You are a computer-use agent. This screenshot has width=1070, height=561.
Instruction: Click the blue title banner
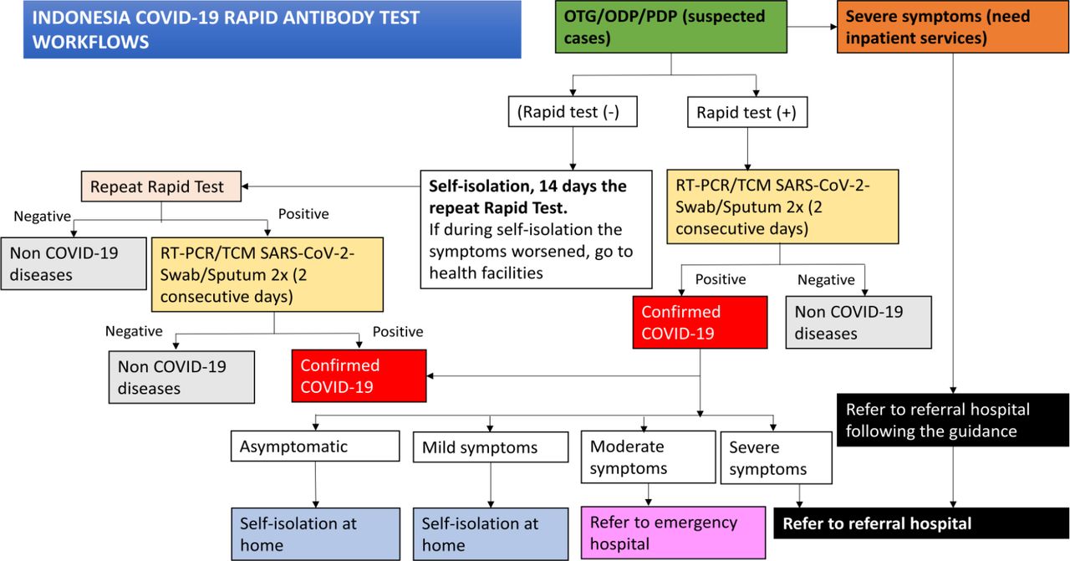[273, 29]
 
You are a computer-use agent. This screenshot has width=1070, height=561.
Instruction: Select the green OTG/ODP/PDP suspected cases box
[670, 27]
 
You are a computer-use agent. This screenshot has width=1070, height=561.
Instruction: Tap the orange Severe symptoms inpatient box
[952, 27]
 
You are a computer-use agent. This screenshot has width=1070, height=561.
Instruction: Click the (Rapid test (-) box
[573, 112]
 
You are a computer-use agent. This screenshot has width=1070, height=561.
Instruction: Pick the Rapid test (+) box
[747, 112]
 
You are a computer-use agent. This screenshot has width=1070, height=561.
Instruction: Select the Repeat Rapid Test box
[161, 186]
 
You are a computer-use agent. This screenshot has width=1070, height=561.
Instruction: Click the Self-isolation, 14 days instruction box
[536, 229]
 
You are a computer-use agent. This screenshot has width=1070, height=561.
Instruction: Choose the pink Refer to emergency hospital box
[673, 533]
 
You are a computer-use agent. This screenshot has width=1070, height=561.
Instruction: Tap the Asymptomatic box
[315, 446]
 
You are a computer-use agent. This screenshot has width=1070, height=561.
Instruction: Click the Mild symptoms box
[491, 447]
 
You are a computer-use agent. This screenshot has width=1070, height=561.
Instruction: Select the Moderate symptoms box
[648, 457]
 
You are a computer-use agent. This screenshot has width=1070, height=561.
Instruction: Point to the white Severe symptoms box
[777, 458]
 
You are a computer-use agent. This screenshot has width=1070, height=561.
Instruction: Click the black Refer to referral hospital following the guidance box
[952, 420]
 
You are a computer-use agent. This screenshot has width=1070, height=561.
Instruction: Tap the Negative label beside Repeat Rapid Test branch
[42, 217]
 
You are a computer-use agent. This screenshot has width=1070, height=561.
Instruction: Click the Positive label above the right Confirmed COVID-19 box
[721, 279]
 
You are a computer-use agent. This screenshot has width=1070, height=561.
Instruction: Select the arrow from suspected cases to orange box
[812, 27]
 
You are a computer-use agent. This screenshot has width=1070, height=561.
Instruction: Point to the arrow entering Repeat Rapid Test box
[330, 186]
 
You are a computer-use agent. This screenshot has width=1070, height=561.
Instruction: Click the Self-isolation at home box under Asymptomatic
[315, 534]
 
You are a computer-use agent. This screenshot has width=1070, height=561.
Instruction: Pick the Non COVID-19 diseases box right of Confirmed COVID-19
[859, 323]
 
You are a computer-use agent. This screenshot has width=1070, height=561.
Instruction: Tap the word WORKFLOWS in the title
[91, 42]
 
